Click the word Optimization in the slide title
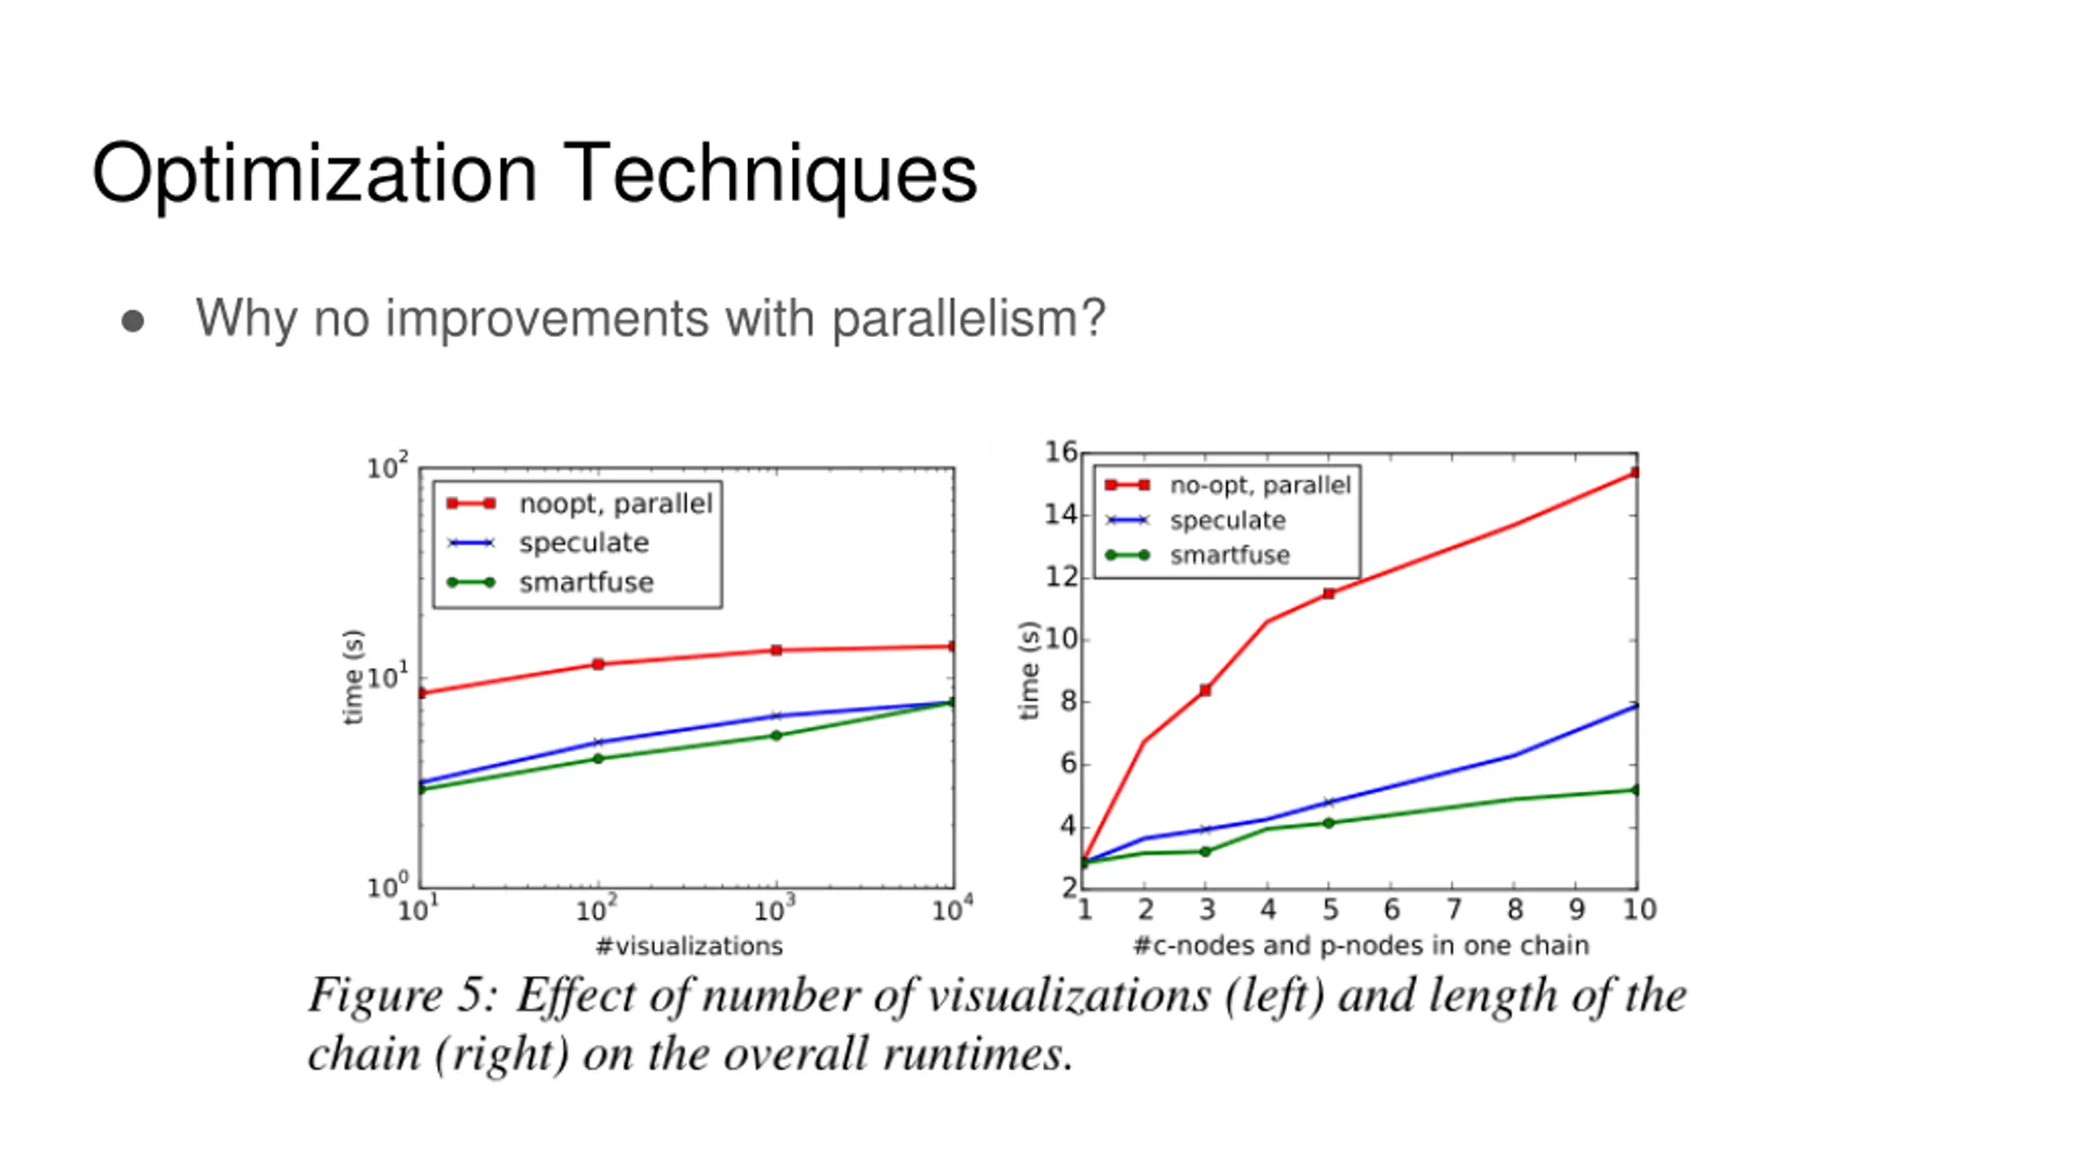314,174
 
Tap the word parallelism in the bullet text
969,318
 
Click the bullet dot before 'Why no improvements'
132,321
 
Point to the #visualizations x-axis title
689,947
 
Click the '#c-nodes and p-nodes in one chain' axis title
1360,946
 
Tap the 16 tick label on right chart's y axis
1060,452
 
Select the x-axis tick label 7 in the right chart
1453,910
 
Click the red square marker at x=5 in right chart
1328,594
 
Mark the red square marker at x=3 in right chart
1205,690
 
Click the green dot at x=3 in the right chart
1205,852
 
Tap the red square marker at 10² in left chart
598,665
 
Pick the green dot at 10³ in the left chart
776,736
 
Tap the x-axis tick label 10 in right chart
1639,910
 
